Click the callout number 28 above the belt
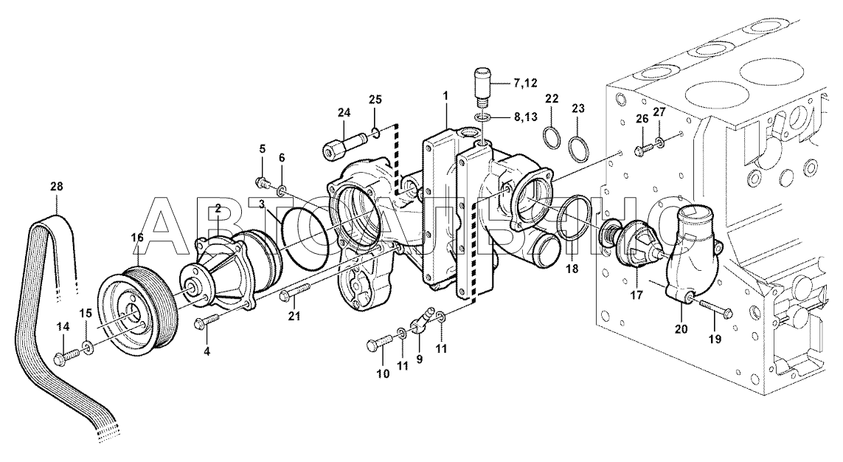[x=57, y=187]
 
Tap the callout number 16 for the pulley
[x=137, y=237]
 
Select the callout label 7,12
[x=525, y=83]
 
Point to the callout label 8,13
[x=525, y=117]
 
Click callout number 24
[x=344, y=112]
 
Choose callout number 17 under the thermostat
[x=636, y=295]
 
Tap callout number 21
[x=294, y=316]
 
